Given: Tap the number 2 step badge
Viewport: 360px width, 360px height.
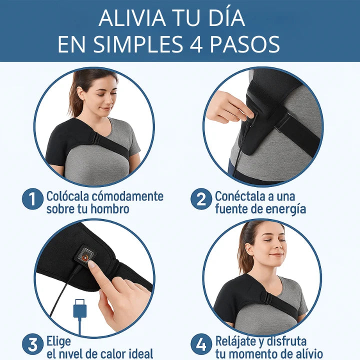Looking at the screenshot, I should (201, 200).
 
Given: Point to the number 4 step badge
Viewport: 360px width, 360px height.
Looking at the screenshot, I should (201, 344).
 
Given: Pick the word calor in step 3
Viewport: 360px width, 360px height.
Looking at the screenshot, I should (105, 353).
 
